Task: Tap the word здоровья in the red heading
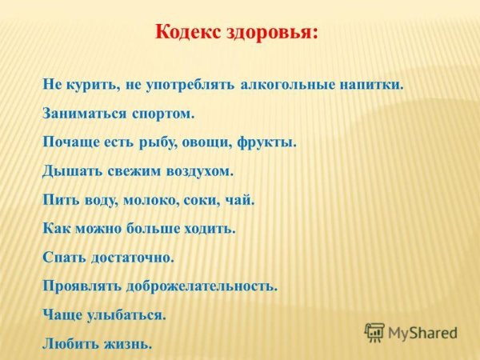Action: point(271,33)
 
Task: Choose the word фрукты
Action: point(268,142)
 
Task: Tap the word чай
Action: point(239,200)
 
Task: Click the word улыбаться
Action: point(126,315)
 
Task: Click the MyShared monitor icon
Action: point(374,332)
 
